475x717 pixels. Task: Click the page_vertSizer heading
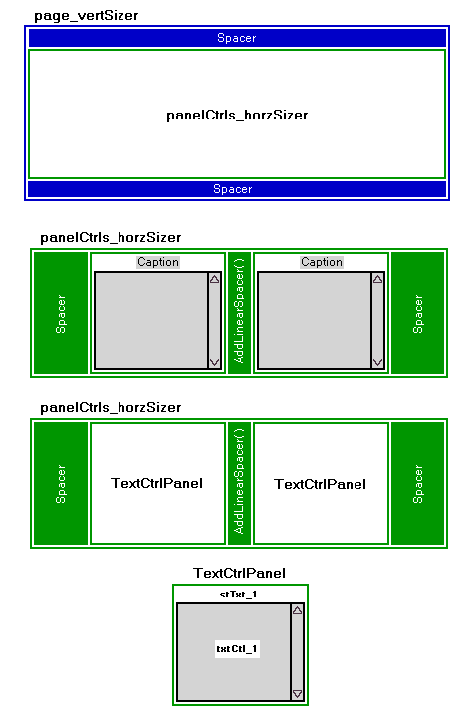pos(86,16)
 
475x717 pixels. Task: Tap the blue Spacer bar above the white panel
pos(237,38)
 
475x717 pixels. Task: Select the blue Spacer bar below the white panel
pos(237,189)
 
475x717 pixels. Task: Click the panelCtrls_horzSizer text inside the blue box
pos(237,115)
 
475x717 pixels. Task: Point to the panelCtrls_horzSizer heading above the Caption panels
pos(111,237)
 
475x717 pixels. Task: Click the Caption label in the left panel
pos(158,262)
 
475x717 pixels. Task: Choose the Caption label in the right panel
pos(322,262)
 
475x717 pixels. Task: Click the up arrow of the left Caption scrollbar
pos(214,279)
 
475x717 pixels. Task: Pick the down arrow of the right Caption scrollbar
pos(377,362)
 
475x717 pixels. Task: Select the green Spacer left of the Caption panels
pos(61,314)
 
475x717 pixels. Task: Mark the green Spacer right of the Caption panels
pos(418,314)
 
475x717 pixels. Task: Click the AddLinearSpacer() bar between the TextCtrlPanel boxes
pos(239,482)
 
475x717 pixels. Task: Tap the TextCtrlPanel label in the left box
pos(156,483)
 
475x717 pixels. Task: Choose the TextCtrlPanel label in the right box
pos(320,484)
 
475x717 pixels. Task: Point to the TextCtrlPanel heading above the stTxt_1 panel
pos(239,573)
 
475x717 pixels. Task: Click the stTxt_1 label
pos(238,594)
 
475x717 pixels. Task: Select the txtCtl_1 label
pos(237,649)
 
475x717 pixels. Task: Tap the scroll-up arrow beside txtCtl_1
pos(297,610)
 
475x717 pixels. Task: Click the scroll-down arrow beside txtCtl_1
pos(297,694)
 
